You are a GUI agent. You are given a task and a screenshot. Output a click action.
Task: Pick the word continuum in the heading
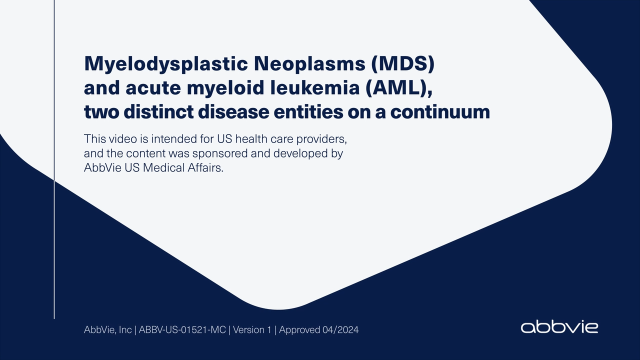440,112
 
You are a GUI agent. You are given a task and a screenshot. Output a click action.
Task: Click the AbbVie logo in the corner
559,327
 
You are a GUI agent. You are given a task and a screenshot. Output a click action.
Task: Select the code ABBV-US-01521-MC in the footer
183,330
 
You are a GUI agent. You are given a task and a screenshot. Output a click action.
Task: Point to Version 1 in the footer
252,330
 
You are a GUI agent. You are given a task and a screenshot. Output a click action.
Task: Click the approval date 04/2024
342,330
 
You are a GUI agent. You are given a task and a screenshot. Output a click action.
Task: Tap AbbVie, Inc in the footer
107,330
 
